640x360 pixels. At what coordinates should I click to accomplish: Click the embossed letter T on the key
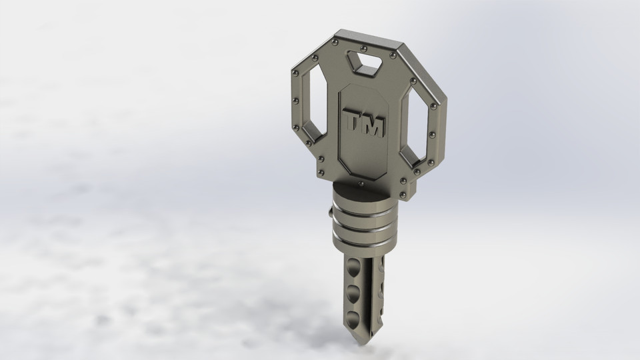pyautogui.click(x=351, y=123)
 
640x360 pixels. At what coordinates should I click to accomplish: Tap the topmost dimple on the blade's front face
pyautogui.click(x=351, y=265)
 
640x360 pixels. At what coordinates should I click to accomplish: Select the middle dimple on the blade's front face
pyautogui.click(x=352, y=291)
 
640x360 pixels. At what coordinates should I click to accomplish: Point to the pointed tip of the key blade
pyautogui.click(x=361, y=341)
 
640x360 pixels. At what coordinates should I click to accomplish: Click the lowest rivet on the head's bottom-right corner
pyautogui.click(x=405, y=195)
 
